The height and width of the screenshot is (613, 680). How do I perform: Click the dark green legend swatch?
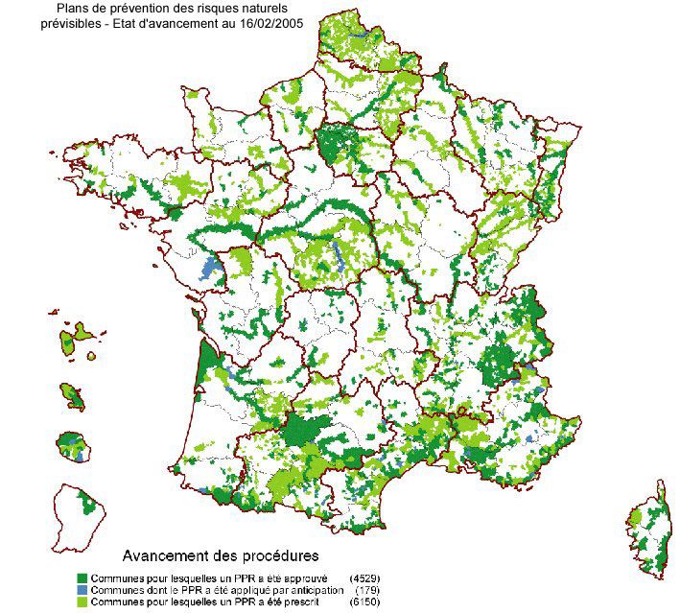pyautogui.click(x=82, y=578)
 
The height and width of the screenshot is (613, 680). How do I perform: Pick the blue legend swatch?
pyautogui.click(x=82, y=590)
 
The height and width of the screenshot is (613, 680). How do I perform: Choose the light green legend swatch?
pyautogui.click(x=82, y=601)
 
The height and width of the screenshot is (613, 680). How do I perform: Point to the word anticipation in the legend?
pyautogui.click(x=315, y=590)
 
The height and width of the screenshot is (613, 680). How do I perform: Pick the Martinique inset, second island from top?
pyautogui.click(x=71, y=393)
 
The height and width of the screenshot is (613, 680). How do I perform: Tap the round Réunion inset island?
pyautogui.click(x=71, y=446)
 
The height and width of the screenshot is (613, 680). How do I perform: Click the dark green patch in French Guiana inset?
pyautogui.click(x=90, y=503)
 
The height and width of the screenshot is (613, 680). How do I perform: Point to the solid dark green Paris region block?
pyautogui.click(x=336, y=144)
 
